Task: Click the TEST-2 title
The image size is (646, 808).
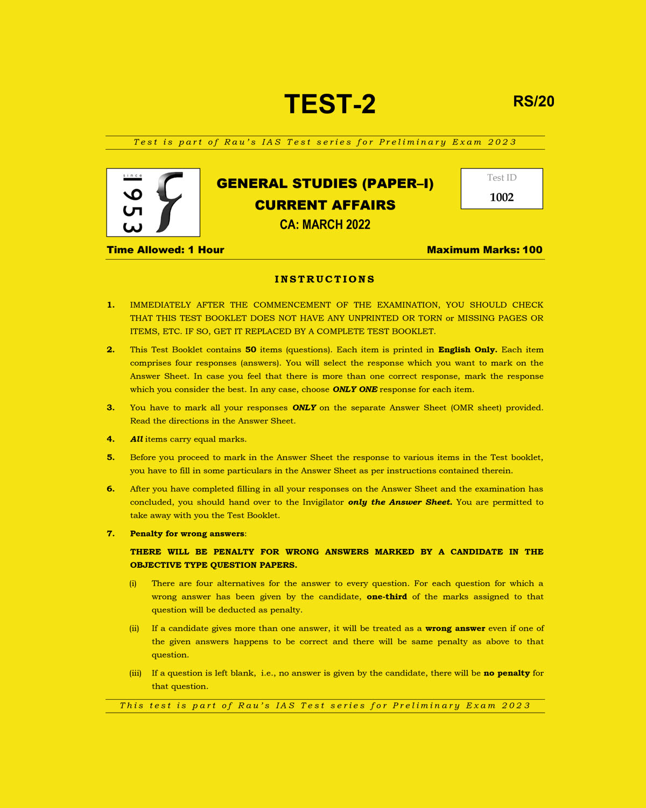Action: click(329, 104)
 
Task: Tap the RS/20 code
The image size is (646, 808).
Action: click(533, 101)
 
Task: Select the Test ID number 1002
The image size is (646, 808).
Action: click(502, 197)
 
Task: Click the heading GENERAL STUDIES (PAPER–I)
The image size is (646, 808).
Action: click(325, 184)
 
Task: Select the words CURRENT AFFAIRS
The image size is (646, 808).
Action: click(325, 205)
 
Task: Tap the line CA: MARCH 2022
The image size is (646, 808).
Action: click(325, 225)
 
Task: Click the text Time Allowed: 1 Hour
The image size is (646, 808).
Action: click(165, 250)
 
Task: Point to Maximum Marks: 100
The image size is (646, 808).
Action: click(484, 250)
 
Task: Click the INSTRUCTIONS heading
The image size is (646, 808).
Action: click(325, 279)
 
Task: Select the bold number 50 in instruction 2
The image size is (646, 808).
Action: click(250, 350)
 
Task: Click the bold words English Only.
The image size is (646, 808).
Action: click(467, 350)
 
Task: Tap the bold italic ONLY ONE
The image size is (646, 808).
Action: click(355, 389)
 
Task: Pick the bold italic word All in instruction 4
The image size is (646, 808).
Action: click(136, 439)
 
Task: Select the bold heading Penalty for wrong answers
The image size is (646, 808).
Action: click(187, 534)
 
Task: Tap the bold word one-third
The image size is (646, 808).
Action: click(387, 597)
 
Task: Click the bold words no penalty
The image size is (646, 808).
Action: click(507, 673)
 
